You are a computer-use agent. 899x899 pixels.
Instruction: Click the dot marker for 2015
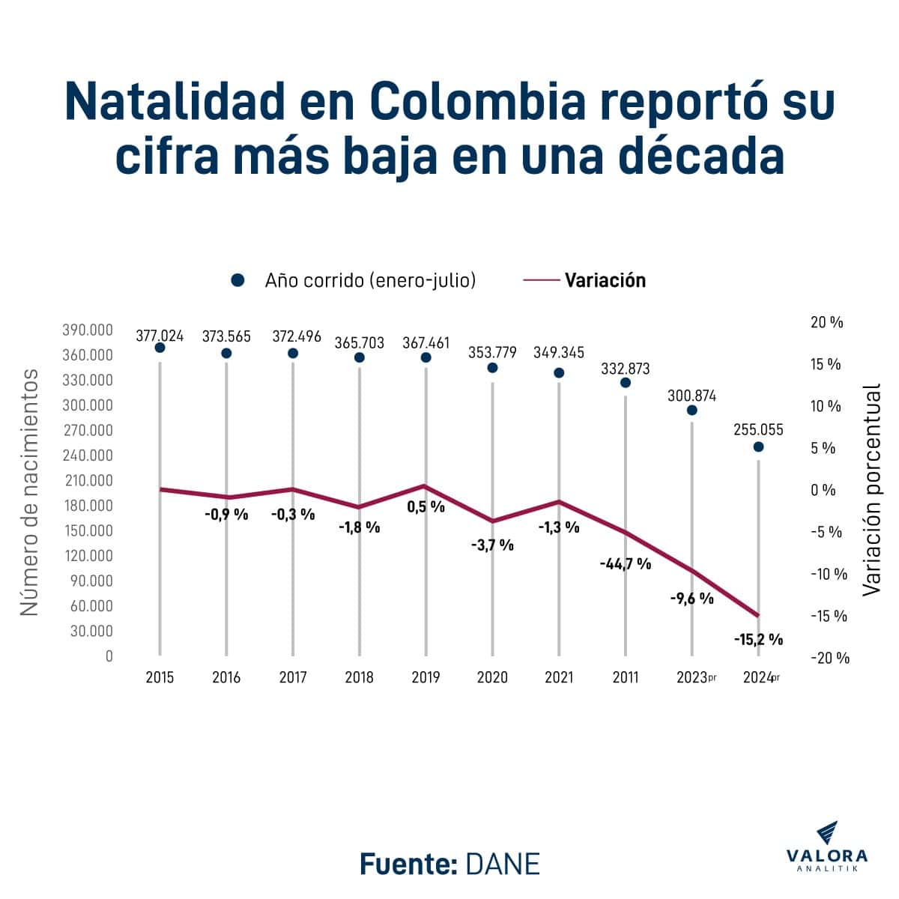(160, 348)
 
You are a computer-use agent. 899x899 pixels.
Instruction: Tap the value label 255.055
(758, 430)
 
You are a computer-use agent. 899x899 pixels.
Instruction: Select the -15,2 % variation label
(758, 640)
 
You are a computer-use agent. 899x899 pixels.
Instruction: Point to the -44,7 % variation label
(626, 563)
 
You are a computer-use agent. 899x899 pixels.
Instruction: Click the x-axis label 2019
(426, 677)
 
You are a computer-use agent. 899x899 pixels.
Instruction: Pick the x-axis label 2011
(626, 677)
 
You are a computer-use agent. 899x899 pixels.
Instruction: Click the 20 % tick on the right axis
(826, 322)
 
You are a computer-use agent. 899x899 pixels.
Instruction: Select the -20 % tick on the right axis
(830, 658)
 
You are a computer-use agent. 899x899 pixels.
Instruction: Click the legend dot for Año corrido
(238, 280)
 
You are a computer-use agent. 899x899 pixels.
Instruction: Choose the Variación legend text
(605, 280)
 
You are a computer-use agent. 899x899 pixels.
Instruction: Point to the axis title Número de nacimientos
(29, 492)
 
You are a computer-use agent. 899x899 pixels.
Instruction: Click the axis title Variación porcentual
(871, 490)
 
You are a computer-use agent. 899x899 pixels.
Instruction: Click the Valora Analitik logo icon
(826, 832)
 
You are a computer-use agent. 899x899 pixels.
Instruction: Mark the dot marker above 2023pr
(692, 410)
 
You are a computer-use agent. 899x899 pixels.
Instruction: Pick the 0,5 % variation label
(426, 506)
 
